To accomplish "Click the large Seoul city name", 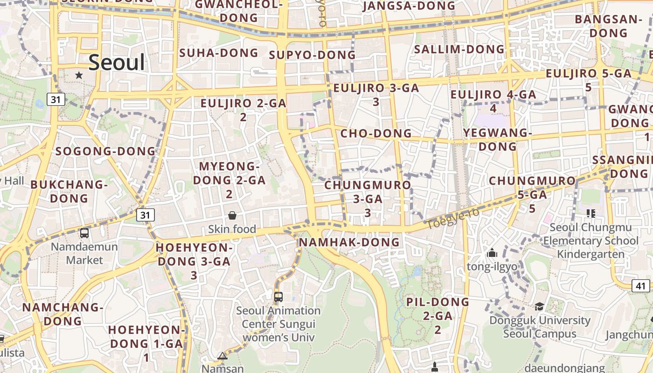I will pos(117,62).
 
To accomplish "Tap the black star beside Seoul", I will pos(79,75).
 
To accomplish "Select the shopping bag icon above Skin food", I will pos(232,215).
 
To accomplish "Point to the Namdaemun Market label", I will pos(84,253).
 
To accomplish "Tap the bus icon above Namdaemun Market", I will pos(84,233).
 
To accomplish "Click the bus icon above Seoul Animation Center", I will pos(278,297).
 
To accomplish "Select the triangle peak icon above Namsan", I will pos(222,356).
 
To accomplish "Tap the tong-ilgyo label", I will pos(492,267).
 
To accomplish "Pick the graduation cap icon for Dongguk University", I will pos(539,306).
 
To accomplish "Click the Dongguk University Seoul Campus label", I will pos(540,327).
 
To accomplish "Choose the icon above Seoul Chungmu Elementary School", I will pos(591,214).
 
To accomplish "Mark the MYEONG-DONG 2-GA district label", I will pos(229,180).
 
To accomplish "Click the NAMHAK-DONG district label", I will pos(349,242).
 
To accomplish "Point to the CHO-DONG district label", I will pos(376,133).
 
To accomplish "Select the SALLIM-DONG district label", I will pos(459,49).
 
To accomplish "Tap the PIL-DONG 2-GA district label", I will pos(438,315).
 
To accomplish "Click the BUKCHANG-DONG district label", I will pos(69,191).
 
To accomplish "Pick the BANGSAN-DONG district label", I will pos(608,26).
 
